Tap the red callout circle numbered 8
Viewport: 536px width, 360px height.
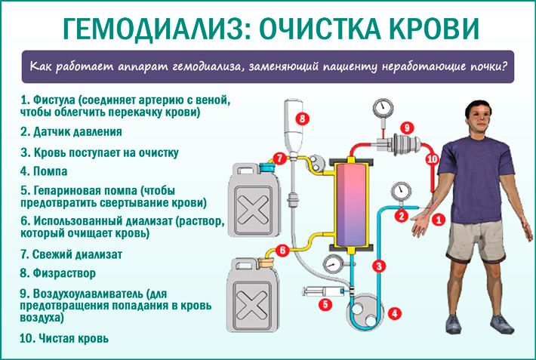pyautogui.click(x=303, y=118)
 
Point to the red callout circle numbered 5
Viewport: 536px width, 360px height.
pyautogui.click(x=325, y=305)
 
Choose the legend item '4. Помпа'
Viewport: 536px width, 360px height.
pyautogui.click(x=45, y=171)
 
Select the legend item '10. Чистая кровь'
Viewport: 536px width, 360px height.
pyautogui.click(x=65, y=338)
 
